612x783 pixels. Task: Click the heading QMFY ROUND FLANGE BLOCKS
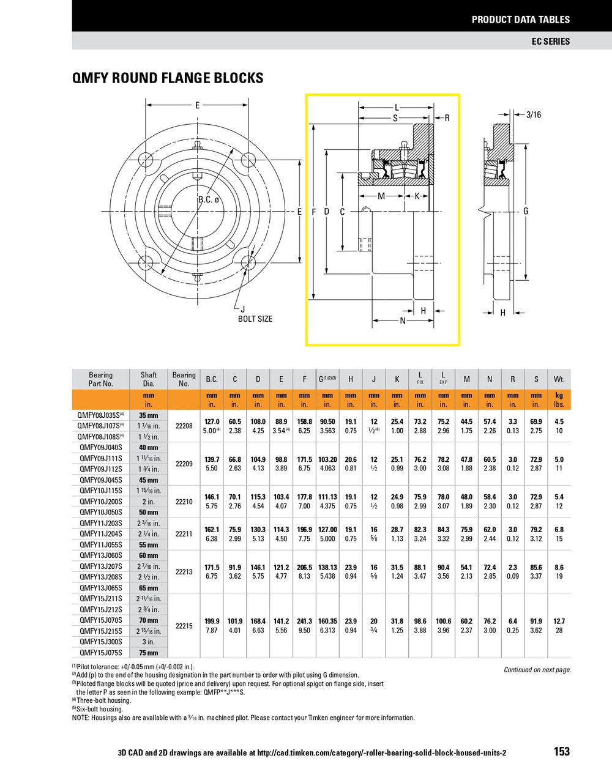click(168, 78)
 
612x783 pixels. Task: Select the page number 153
click(561, 751)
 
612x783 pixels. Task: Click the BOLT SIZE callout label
click(255, 319)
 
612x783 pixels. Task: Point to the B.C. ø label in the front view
click(208, 200)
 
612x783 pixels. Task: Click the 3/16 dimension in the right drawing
click(534, 114)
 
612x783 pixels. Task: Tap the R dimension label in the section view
click(447, 118)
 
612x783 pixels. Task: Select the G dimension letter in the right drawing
click(526, 211)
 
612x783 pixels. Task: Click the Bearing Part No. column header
click(100, 379)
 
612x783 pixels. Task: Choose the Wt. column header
click(559, 379)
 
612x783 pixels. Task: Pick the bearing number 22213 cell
click(184, 572)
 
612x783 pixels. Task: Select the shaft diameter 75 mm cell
click(148, 653)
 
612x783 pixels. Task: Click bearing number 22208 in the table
click(184, 426)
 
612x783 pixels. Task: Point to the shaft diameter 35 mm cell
click(148, 415)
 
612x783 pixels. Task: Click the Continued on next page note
click(537, 670)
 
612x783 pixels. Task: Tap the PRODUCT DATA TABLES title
click(520, 20)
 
